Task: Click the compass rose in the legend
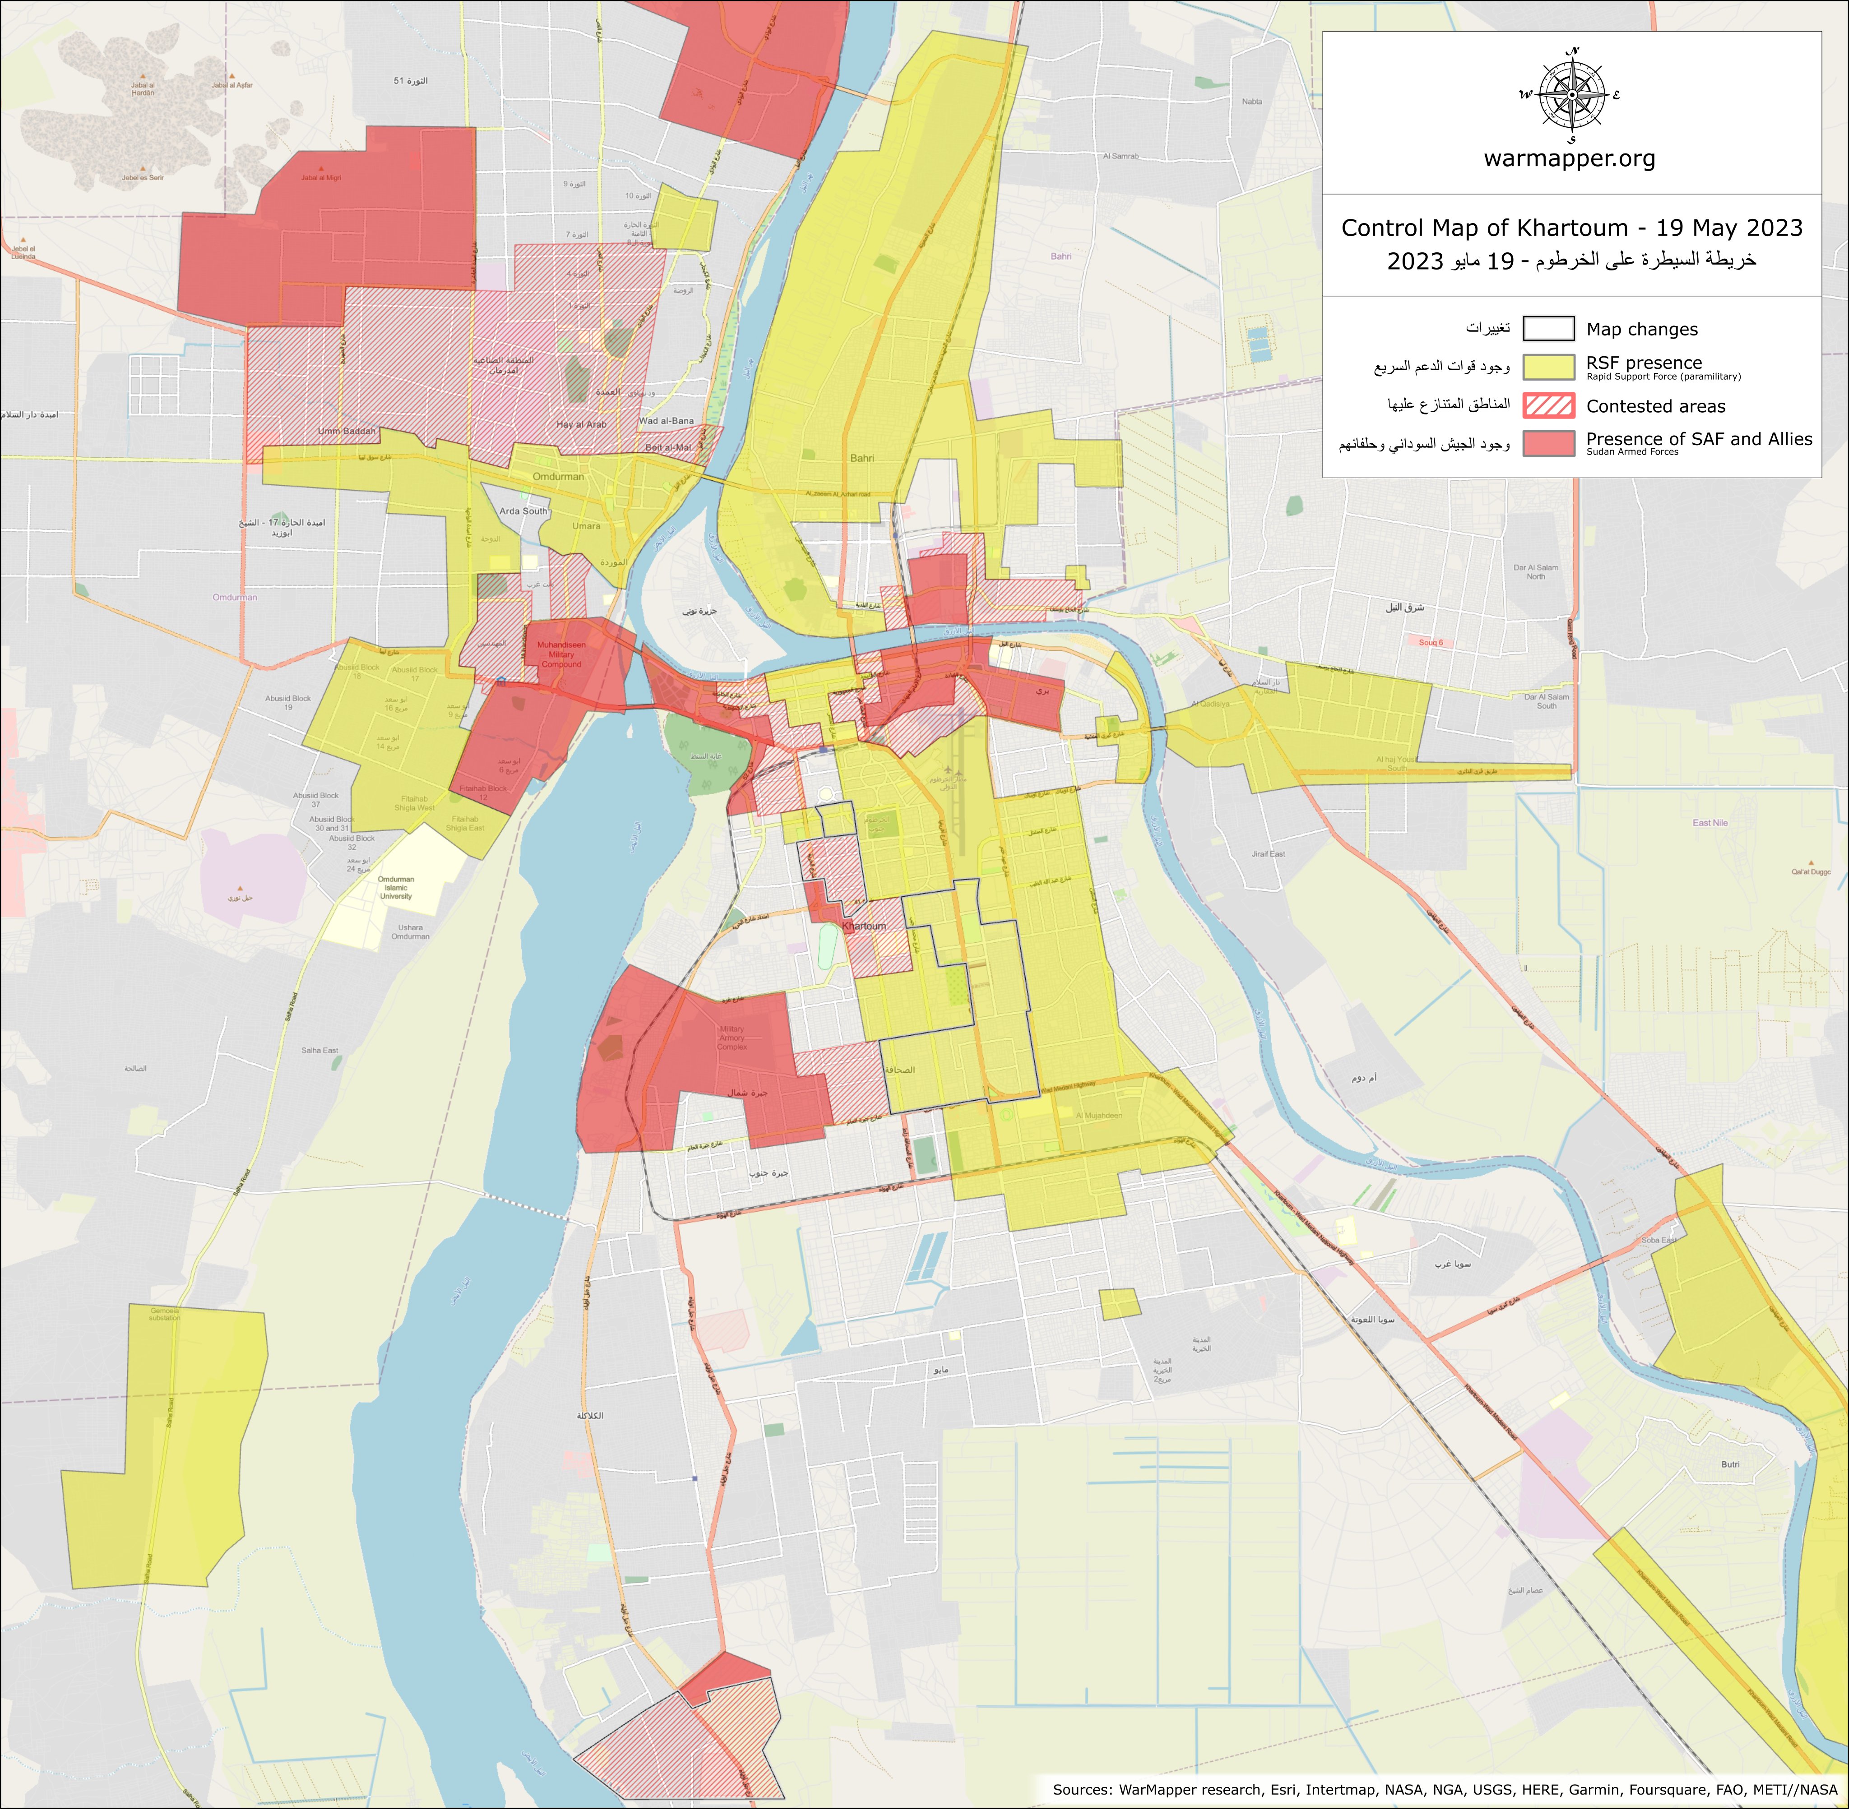pos(1572,95)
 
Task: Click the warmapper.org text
pos(1570,158)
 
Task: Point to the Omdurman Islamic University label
pos(396,888)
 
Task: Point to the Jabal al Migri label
pos(321,178)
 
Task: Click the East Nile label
pos(1710,823)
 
